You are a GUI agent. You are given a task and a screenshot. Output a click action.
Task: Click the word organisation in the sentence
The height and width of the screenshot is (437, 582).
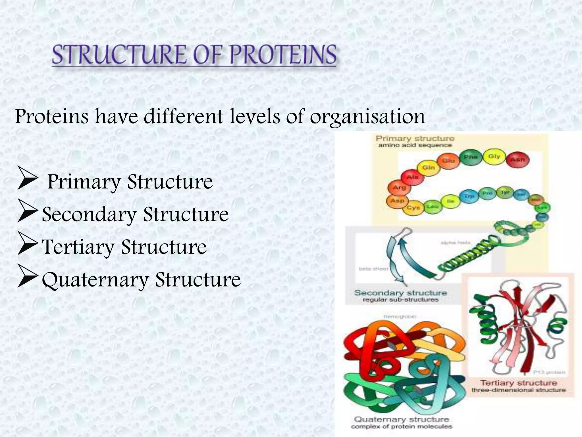point(367,117)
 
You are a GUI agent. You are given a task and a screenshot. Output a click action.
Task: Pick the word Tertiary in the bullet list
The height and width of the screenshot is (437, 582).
point(78,247)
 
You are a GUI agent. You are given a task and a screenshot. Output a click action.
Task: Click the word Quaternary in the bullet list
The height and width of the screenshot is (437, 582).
point(95,280)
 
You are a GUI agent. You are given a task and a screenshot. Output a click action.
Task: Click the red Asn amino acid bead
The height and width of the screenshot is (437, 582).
point(517,160)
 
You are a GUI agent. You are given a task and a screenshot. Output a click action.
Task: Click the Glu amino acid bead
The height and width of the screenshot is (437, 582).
point(448,161)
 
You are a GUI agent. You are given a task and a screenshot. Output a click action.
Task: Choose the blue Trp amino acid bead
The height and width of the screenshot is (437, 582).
point(469,197)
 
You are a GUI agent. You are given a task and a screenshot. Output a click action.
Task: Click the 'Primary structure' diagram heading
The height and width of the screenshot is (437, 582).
point(415,139)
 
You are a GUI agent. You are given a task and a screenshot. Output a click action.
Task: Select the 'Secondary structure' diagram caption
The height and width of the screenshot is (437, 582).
point(401,293)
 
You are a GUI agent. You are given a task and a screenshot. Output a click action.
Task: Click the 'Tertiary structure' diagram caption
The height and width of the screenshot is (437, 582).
point(518,383)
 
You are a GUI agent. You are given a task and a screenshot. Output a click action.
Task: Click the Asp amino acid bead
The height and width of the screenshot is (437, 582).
point(397,201)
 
